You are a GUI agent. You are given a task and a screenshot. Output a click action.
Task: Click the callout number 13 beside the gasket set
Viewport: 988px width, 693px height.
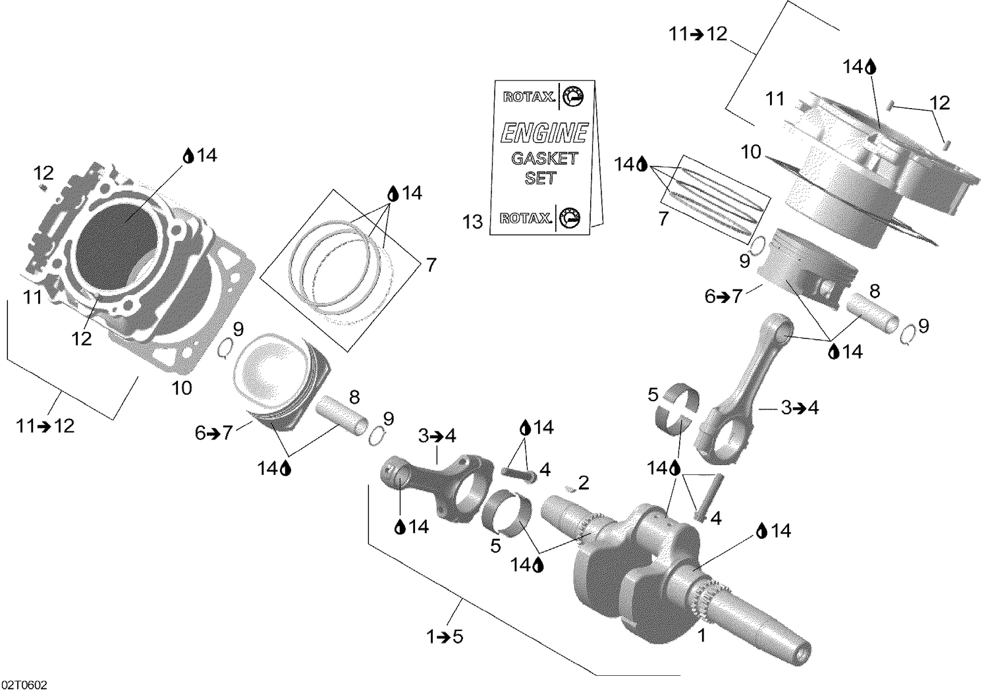pyautogui.click(x=472, y=222)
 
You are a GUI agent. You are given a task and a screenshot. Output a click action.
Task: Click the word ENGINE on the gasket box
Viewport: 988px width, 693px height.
pyautogui.click(x=543, y=133)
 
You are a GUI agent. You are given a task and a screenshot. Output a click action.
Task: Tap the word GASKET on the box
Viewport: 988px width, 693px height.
pyautogui.click(x=544, y=158)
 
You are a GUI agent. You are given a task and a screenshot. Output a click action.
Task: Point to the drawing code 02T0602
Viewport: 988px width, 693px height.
pyautogui.click(x=24, y=686)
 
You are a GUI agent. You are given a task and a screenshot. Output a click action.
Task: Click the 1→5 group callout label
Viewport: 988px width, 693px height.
pyautogui.click(x=445, y=637)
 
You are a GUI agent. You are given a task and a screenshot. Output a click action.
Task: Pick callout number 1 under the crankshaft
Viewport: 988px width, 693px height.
pyautogui.click(x=702, y=636)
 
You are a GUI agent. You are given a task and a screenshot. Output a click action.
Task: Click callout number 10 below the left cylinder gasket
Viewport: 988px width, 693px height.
pyautogui.click(x=182, y=388)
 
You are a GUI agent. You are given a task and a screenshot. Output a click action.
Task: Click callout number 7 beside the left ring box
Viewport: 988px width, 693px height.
pyautogui.click(x=430, y=265)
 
